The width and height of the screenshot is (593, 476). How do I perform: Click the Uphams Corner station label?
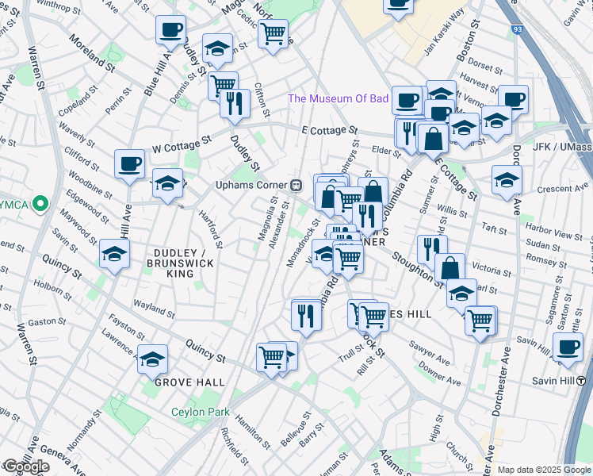(251, 185)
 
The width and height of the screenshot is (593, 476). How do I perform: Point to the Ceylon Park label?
(201, 412)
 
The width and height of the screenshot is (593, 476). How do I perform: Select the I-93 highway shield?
(517, 29)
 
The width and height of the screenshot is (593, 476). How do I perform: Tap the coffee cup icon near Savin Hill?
(567, 347)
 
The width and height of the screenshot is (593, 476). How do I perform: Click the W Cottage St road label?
(183, 143)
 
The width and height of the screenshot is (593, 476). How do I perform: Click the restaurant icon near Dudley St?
(235, 103)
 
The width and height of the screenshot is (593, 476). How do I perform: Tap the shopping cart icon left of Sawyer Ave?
(373, 316)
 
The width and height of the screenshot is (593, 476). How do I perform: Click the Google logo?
(26, 466)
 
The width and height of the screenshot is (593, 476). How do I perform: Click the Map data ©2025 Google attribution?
(544, 470)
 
